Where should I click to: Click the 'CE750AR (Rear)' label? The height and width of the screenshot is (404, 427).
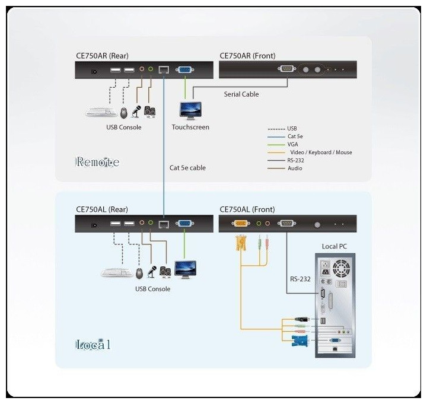pos(102,56)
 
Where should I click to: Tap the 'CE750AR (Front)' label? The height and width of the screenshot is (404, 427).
pos(247,56)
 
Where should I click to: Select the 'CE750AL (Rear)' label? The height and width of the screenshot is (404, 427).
pos(101,209)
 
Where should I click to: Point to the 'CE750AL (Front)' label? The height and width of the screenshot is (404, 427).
pos(247,209)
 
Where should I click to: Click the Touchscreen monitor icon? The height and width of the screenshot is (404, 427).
pos(190,110)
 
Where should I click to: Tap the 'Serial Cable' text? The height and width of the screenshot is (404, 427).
pos(241,94)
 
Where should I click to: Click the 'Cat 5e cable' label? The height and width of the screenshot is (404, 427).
pos(187,168)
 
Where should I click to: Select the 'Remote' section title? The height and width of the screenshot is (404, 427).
pos(97,162)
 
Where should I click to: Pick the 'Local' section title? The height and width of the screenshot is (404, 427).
pos(93,345)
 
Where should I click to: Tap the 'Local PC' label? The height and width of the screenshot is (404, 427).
pos(334,246)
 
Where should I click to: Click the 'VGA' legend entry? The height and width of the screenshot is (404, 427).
pos(294,144)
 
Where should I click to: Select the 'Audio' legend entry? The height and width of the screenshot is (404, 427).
pos(295,168)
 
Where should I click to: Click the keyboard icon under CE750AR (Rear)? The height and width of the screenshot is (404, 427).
pos(101,111)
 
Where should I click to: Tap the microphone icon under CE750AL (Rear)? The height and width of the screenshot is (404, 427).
pos(151,272)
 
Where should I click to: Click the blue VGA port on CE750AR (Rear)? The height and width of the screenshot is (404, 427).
pos(184,71)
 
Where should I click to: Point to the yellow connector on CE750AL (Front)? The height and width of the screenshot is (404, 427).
pos(241,224)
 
